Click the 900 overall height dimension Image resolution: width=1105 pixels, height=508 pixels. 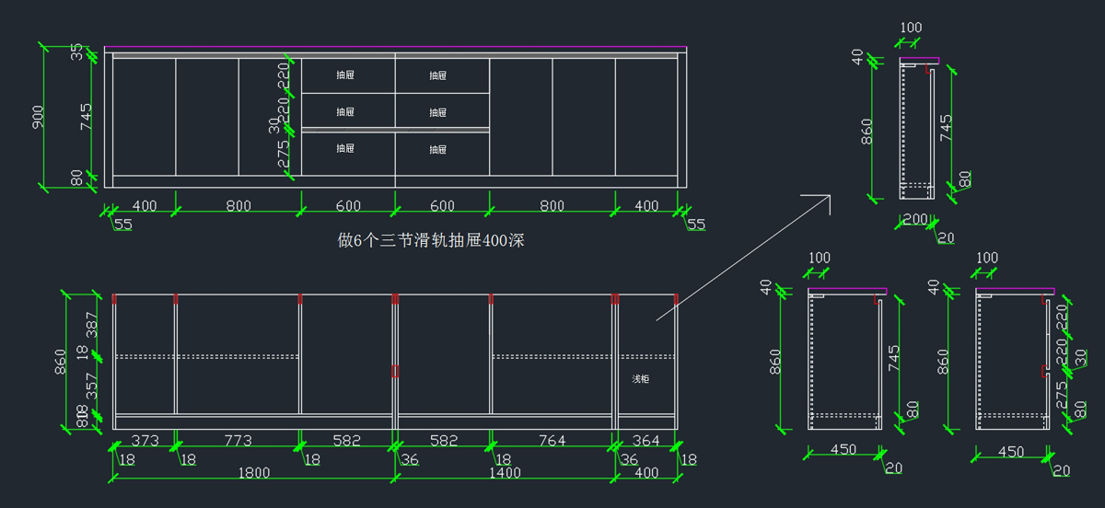coord(39,117)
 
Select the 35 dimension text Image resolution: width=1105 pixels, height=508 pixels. coord(77,52)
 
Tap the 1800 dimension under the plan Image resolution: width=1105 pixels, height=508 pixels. coord(254,473)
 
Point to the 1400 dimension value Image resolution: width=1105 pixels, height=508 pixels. coord(505,473)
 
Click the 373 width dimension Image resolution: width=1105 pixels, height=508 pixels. coord(145,441)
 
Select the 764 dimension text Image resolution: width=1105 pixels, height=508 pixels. coord(551,441)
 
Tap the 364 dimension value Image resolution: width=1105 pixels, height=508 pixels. coord(646,441)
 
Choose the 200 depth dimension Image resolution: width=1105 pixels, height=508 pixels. coord(914,220)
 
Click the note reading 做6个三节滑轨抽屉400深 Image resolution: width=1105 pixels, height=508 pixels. coord(432,241)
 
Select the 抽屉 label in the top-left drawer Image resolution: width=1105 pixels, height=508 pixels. coord(345,75)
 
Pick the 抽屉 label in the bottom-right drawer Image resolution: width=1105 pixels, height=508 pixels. coord(437,149)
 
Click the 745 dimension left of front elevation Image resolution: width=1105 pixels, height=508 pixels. coord(86,117)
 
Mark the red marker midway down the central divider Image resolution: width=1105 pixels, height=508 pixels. coord(396,371)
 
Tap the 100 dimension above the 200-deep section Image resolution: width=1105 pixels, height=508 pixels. coord(911,28)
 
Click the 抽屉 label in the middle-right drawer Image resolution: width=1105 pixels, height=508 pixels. coord(437,112)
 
